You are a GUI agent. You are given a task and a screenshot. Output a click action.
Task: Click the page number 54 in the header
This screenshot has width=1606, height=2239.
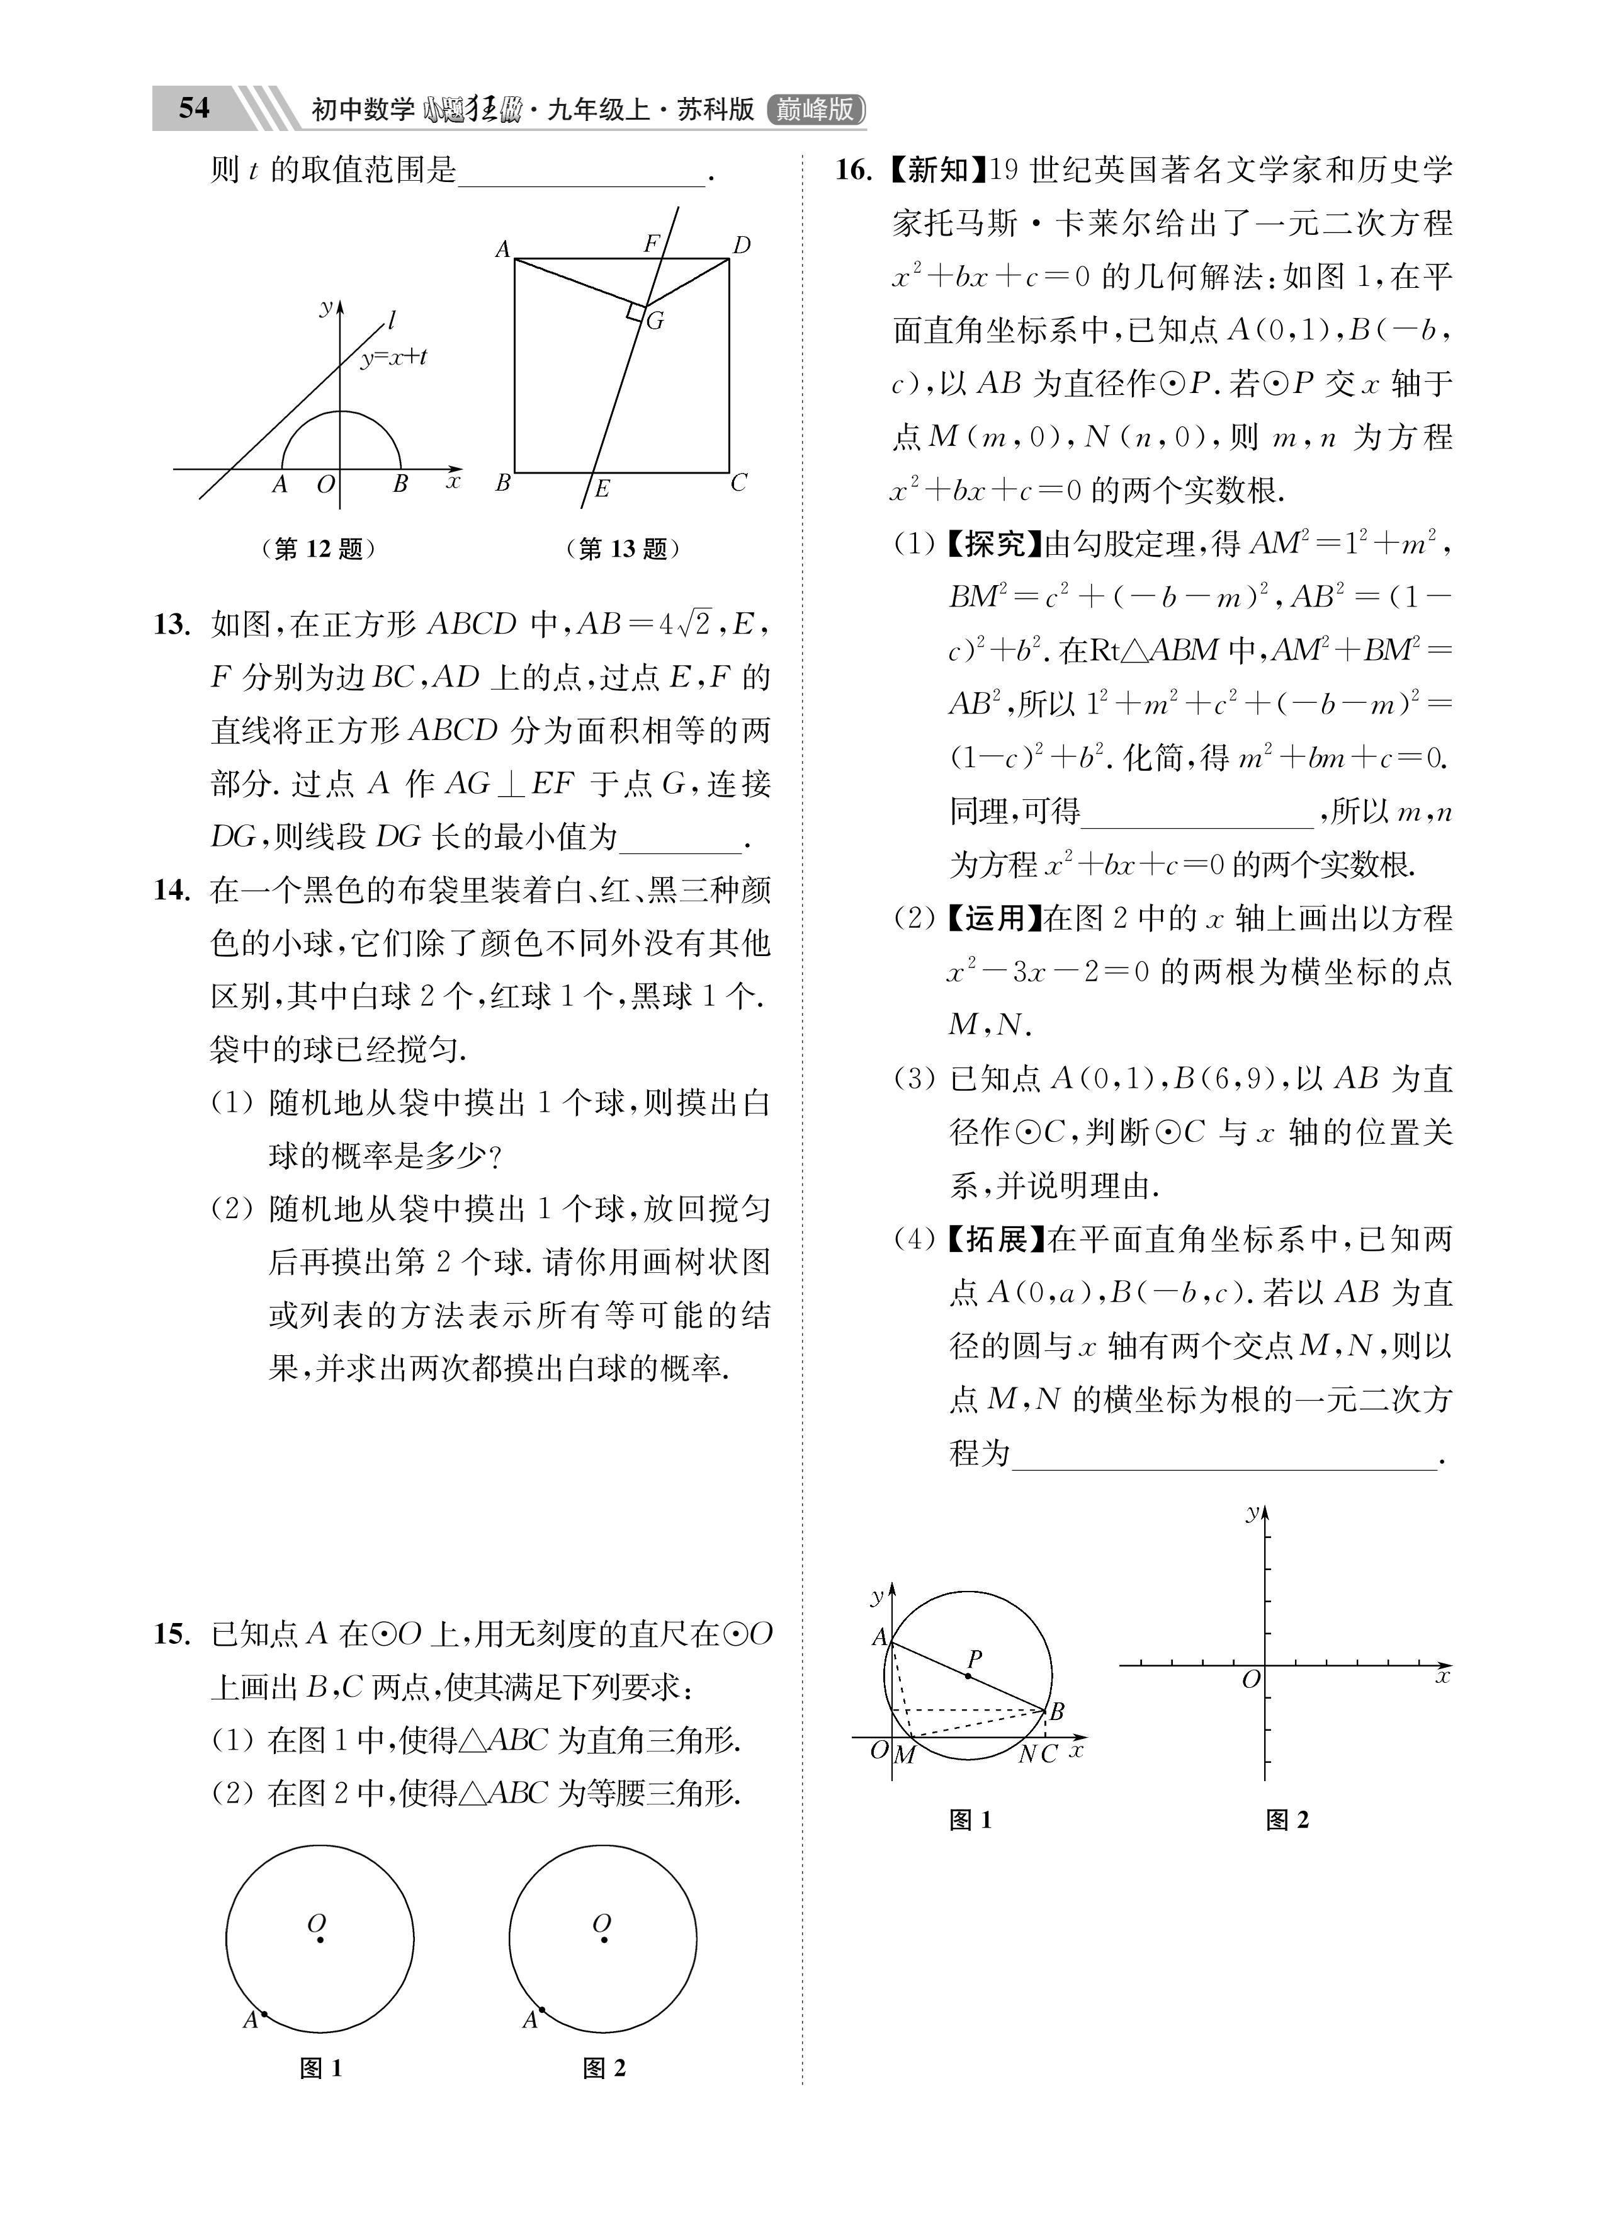click(x=193, y=108)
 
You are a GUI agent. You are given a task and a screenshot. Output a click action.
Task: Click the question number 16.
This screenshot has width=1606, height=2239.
click(x=854, y=170)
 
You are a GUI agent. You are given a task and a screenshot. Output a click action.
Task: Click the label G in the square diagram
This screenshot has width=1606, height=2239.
click(x=655, y=321)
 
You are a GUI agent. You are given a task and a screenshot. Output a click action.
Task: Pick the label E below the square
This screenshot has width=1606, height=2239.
click(x=601, y=489)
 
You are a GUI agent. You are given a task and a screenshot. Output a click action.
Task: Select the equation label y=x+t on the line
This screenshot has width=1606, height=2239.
click(x=393, y=357)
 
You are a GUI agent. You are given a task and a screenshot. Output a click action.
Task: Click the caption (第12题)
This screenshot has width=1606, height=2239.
click(x=318, y=549)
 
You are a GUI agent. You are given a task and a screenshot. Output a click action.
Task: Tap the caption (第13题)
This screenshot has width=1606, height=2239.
click(x=622, y=549)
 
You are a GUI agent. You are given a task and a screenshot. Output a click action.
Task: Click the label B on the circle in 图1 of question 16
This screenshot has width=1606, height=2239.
click(x=1057, y=1710)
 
